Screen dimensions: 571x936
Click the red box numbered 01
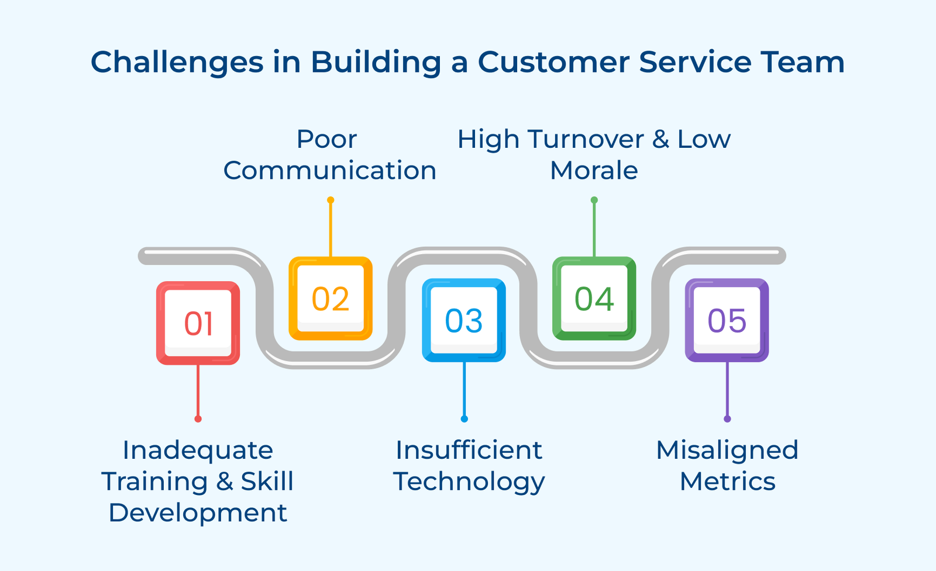coord(198,323)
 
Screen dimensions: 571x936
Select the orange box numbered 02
coord(331,298)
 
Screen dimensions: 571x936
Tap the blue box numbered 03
coord(464,320)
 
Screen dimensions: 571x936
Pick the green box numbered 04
coord(594,298)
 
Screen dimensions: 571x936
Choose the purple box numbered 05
coord(727,320)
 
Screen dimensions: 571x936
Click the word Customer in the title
coord(553,62)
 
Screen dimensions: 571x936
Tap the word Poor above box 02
coord(326,139)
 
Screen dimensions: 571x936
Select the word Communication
coord(330,171)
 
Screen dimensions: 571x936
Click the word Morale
coord(594,171)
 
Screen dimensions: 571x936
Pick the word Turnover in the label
coord(586,139)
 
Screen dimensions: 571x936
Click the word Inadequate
coord(198,451)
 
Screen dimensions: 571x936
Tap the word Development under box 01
coord(198,513)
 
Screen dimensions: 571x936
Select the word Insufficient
coord(469,451)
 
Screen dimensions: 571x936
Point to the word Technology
coord(469,482)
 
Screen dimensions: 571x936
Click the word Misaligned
coord(727,451)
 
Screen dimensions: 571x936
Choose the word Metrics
coord(727,482)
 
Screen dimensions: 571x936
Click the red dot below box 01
coord(198,418)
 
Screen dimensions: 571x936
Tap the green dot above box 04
coord(594,200)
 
